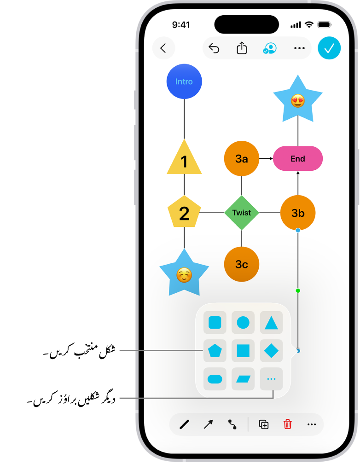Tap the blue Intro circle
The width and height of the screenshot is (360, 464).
tap(184, 81)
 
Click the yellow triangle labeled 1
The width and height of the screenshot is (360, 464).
tap(184, 160)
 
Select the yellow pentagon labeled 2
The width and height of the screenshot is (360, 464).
tap(184, 212)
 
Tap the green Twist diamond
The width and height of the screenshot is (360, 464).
tap(242, 213)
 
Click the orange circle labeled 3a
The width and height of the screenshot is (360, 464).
tap(242, 159)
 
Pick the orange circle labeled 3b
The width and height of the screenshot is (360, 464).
tap(298, 213)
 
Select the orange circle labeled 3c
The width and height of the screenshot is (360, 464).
tap(242, 264)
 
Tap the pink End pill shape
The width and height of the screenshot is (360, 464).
tap(298, 159)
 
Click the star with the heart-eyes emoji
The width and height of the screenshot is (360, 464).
tap(298, 100)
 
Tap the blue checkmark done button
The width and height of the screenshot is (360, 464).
tap(329, 48)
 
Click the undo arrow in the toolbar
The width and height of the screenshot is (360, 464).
tap(214, 48)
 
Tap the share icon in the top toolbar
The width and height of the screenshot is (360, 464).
tap(242, 48)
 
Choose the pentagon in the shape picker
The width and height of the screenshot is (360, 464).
tap(215, 351)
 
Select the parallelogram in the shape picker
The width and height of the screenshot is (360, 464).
tap(243, 379)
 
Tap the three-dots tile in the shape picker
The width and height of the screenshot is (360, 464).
tap(271, 379)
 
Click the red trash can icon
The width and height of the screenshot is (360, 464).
tap(288, 424)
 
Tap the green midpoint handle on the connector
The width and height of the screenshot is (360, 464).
tap(298, 290)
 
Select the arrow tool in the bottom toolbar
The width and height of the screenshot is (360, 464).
tap(209, 424)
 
